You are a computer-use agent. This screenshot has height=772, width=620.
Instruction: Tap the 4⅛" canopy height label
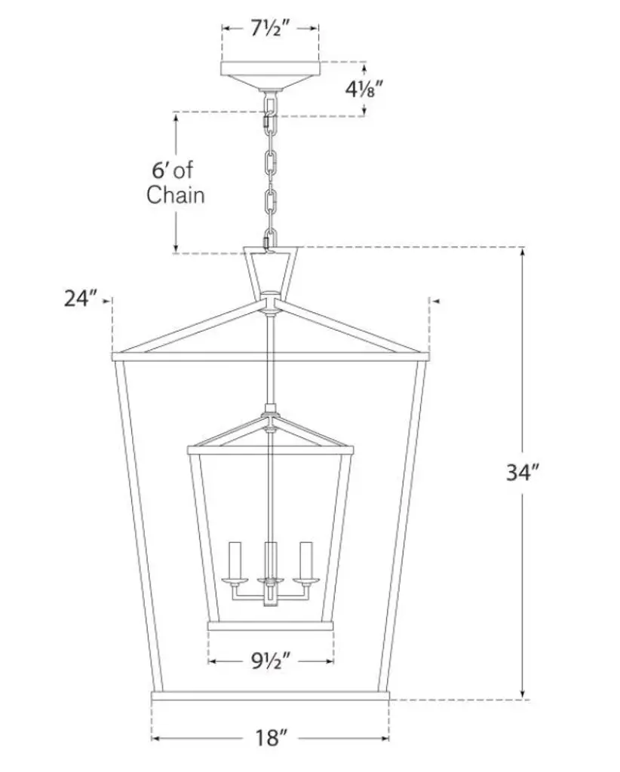pos(364,89)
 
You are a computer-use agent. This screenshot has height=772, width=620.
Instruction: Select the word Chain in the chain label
pos(175,195)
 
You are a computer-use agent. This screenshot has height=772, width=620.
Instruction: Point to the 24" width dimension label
pos(80,299)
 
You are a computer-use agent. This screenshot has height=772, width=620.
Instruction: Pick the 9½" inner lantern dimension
pos(271,660)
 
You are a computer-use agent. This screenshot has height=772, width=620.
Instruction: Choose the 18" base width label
pos(271,738)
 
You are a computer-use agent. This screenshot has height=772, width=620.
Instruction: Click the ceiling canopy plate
pos(270,75)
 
